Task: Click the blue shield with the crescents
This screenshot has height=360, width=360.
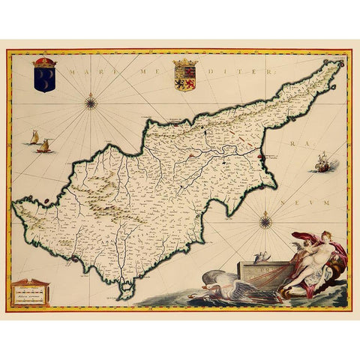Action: coord(44,79)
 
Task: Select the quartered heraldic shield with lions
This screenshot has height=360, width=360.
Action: coord(184,78)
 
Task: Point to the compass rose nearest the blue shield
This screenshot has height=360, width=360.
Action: coord(91,103)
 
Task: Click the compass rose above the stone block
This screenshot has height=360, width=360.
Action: coord(265,221)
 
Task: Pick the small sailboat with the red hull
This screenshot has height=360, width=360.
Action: coord(43,145)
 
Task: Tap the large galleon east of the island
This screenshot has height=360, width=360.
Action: coord(322,163)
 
